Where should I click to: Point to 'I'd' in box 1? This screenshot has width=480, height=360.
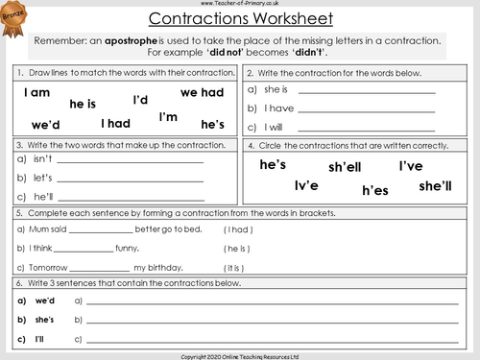coord(140,100)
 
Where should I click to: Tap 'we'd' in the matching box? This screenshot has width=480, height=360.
coord(45,125)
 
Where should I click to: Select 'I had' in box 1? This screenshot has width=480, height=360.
coord(114,123)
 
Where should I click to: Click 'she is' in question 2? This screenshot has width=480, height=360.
coord(276,89)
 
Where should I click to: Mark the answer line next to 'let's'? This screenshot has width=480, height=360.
coord(131,180)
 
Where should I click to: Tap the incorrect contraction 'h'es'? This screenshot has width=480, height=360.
coord(374,191)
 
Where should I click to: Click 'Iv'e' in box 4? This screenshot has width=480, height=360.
coord(306,185)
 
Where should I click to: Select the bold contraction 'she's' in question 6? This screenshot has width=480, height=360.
coord(44,318)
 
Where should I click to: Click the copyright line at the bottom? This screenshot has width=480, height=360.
coord(240,355)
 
